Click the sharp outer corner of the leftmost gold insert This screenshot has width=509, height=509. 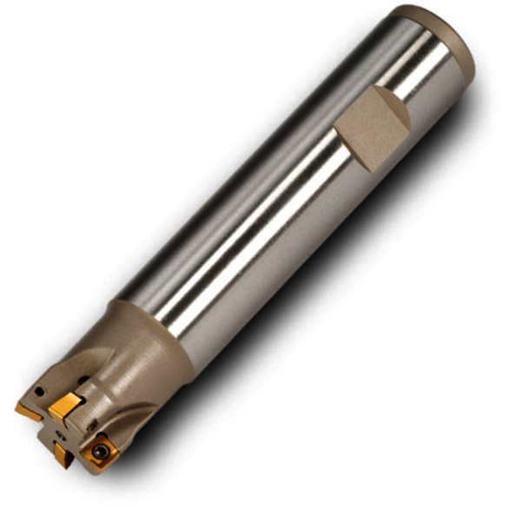click(x=17, y=407)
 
